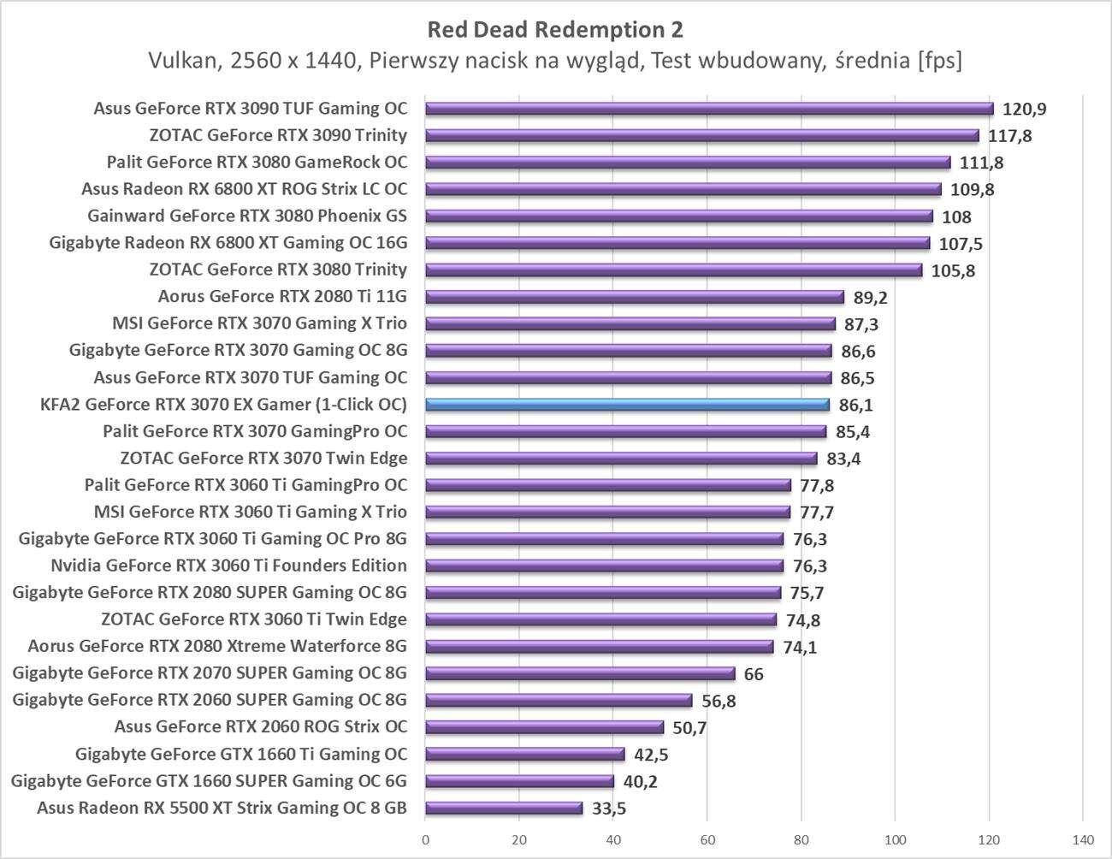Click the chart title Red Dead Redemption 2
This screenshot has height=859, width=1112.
pos(555,30)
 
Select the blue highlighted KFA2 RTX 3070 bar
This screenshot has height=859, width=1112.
pos(627,405)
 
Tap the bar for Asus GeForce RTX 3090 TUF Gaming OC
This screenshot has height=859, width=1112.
pos(709,109)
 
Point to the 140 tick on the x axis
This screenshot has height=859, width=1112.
pos(1082,839)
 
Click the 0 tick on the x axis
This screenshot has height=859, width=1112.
pos(425,839)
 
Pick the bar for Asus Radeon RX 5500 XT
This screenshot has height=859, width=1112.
pos(504,808)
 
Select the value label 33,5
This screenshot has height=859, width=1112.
pos(608,809)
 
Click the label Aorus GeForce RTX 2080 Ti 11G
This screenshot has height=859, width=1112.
pos(282,297)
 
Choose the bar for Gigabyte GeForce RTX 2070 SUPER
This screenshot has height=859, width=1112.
pos(580,673)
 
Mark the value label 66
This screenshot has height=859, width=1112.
pos(754,674)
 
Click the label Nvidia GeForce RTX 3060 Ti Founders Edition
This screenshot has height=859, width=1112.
pos(228,566)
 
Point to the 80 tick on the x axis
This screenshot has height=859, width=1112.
pos(801,839)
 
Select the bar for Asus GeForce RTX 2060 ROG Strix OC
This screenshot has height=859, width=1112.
pos(544,727)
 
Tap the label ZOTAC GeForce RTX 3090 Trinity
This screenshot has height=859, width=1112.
pos(278,135)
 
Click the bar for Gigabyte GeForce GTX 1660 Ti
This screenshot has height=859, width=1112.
pos(525,754)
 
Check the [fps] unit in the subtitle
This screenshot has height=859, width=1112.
pos(938,61)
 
